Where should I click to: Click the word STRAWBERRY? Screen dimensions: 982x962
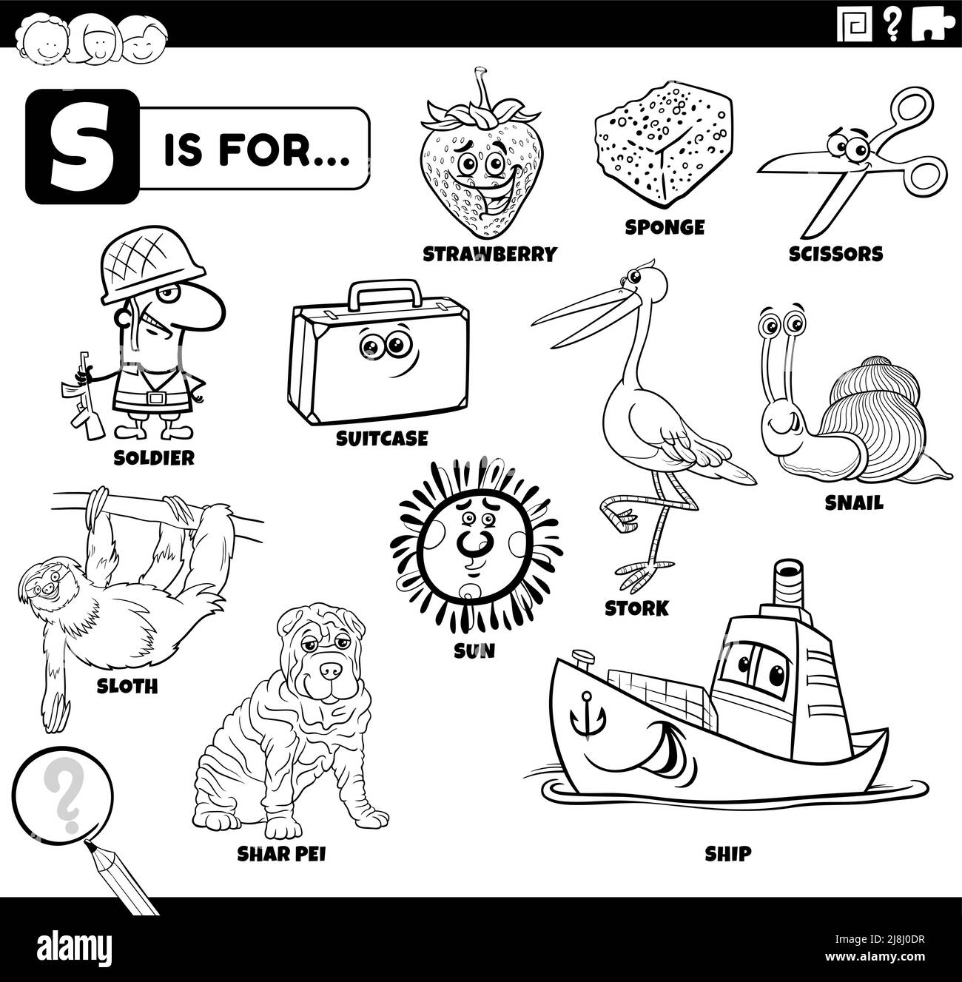pyautogui.click(x=489, y=255)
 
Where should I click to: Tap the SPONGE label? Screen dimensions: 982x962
pyautogui.click(x=665, y=227)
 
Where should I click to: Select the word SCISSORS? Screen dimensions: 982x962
pyautogui.click(x=835, y=254)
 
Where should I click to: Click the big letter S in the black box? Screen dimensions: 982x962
pyautogui.click(x=72, y=147)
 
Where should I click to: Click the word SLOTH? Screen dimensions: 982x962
pyautogui.click(x=127, y=686)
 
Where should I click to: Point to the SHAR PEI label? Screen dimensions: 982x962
pyautogui.click(x=281, y=854)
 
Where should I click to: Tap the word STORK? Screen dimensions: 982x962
pyautogui.click(x=636, y=608)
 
